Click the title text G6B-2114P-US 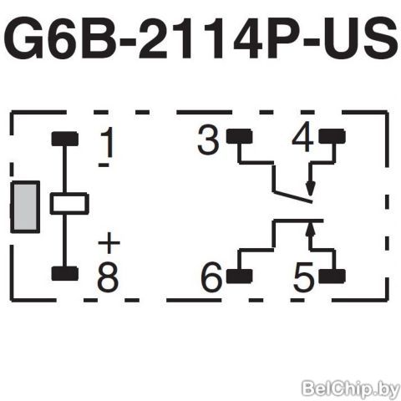point(201,38)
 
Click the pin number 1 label point(108,142)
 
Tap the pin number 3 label point(208,140)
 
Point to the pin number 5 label point(303,277)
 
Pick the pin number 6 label point(211,277)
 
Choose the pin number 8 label point(108,277)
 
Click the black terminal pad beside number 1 point(65,139)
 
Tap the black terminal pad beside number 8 point(65,273)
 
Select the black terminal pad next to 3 point(239,136)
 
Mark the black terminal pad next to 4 point(332,136)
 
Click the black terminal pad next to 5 point(332,277)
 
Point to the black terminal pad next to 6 point(239,277)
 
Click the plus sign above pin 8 point(109,243)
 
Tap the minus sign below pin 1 point(104,165)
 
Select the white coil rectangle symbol point(69,204)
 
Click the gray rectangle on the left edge point(25,207)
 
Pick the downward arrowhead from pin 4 point(310,189)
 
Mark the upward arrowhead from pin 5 point(311,230)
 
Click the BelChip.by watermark point(351,388)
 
